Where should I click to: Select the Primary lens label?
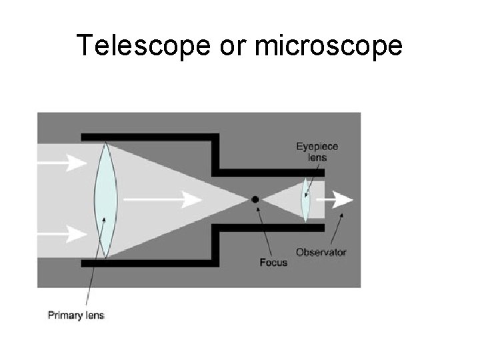tap(76, 315)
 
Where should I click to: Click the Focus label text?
tap(273, 262)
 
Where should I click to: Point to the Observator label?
tap(321, 253)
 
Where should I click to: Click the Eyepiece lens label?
tap(317, 152)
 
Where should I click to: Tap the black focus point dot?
tap(255, 199)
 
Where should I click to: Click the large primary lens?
tap(105, 199)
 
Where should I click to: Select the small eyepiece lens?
tap(305, 199)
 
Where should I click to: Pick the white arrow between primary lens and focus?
tap(163, 199)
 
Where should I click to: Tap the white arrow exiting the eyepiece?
tap(339, 199)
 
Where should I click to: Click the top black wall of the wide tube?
tap(147, 137)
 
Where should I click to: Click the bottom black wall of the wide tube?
tap(147, 263)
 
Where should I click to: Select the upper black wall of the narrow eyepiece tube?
tap(273, 172)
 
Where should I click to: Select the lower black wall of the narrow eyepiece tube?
tap(273, 227)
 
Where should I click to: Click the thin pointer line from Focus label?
tap(265, 231)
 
